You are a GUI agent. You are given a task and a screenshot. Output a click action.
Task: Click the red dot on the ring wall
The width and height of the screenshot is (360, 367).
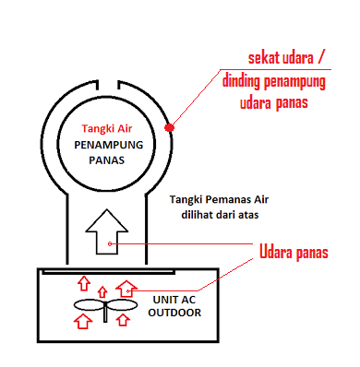coord(170,127)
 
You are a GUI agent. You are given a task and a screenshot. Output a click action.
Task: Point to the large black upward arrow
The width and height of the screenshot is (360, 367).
coord(110,231)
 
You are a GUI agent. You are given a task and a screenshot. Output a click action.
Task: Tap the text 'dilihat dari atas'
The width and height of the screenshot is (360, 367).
coord(222,215)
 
